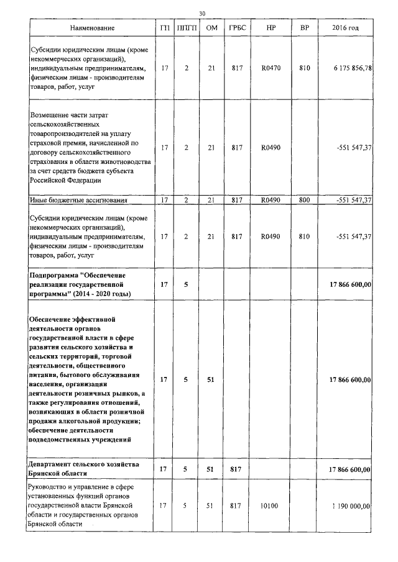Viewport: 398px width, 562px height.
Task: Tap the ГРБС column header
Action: point(236,29)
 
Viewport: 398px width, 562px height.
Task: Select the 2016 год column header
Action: point(345,29)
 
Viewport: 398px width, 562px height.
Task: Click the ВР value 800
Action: point(304,200)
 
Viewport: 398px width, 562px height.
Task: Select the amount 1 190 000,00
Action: point(351,507)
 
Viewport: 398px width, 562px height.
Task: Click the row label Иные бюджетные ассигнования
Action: point(78,200)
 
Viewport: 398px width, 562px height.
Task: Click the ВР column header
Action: point(304,29)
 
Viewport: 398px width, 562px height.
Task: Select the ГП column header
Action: point(164,29)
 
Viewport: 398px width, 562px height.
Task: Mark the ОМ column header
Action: point(211,29)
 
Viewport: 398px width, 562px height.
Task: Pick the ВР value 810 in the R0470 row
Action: point(304,68)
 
